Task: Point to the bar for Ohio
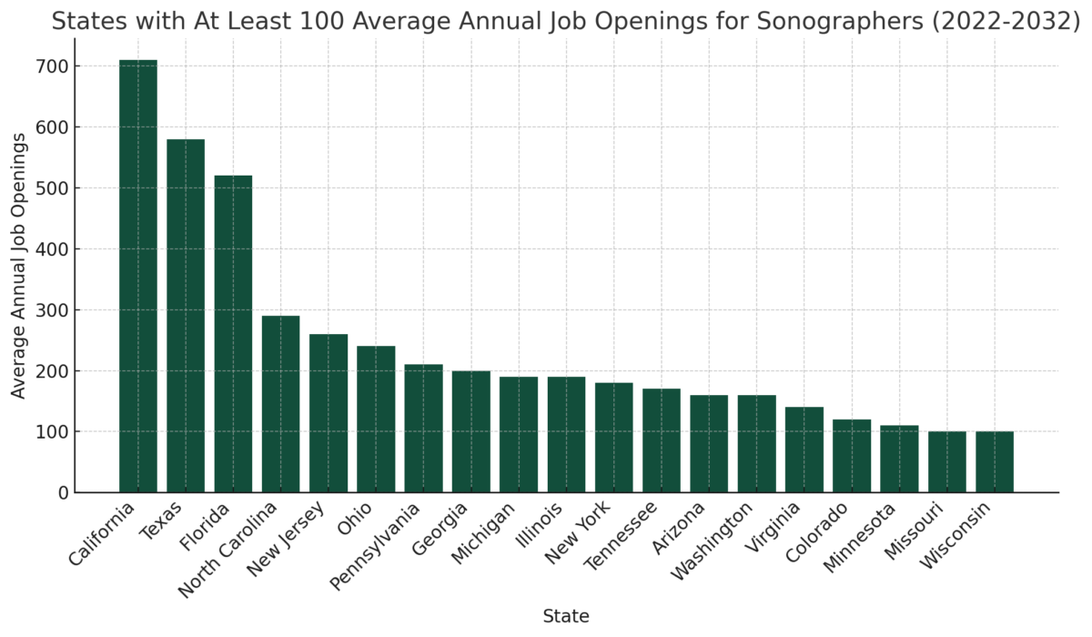[x=376, y=420]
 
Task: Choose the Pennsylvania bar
[x=423, y=429]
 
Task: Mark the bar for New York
[x=614, y=438]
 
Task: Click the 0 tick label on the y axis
[x=63, y=492]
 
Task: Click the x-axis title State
[x=566, y=616]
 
